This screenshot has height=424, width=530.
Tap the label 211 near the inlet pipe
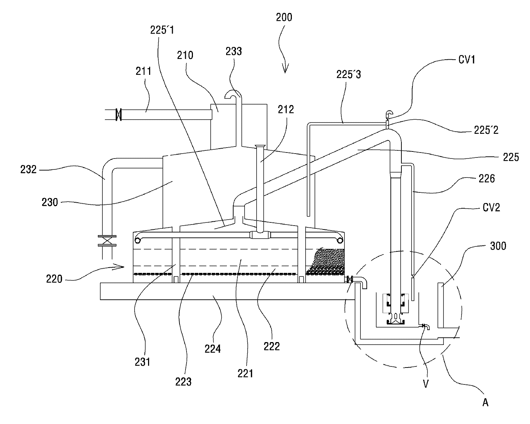143,72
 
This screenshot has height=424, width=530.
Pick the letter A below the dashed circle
485,402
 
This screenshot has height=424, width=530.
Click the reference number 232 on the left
29,169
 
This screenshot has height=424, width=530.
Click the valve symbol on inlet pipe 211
119,115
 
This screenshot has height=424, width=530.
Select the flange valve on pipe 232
107,241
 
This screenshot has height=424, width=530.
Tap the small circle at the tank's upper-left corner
138,240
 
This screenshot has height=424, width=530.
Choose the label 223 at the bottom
183,382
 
